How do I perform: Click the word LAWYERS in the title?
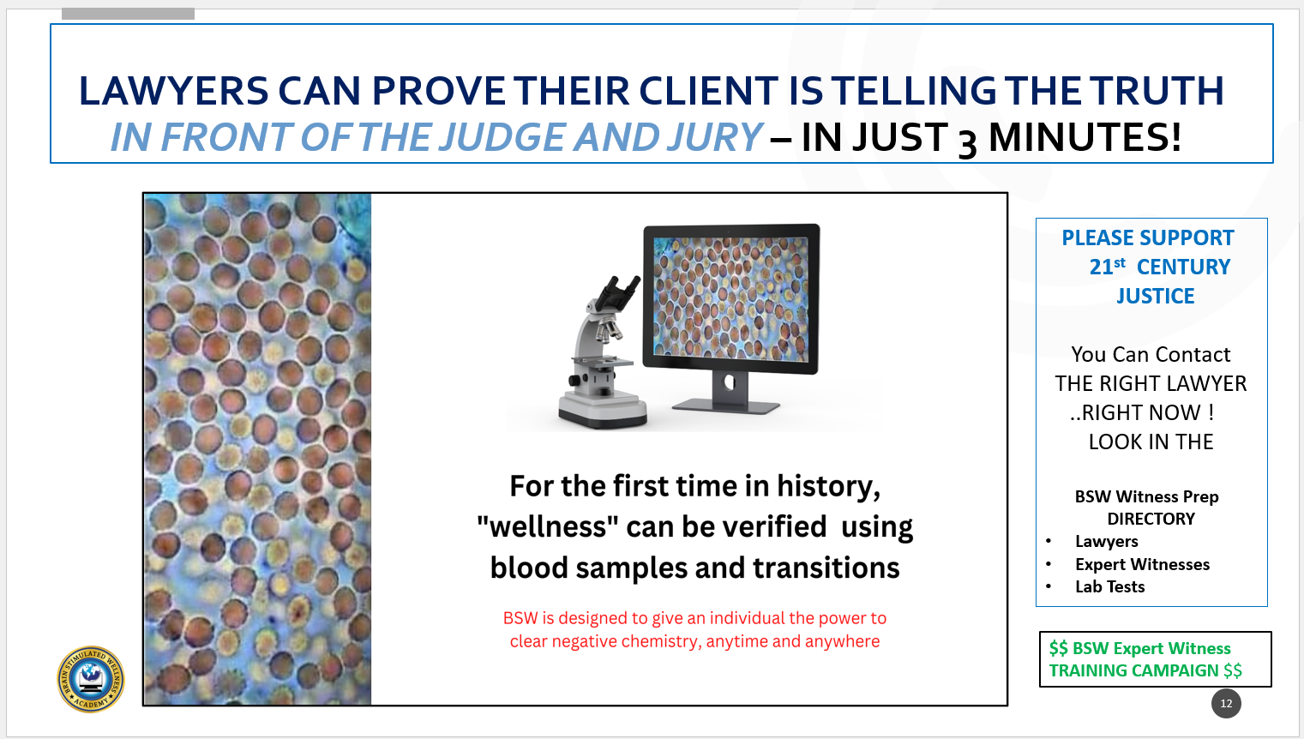coord(173,91)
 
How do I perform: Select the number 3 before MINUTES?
coord(967,143)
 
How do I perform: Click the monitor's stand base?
coord(726,406)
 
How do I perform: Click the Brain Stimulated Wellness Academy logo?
coord(91,679)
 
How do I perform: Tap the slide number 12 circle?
coord(1226,704)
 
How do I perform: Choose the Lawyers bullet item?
coord(1106,542)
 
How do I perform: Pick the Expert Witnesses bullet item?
coord(1142,564)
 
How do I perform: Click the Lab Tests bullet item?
coord(1109,586)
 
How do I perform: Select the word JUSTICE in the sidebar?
coord(1156,297)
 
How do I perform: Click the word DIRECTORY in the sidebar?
coord(1151,519)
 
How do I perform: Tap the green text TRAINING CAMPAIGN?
coord(1133,671)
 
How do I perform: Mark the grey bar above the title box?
coord(128,14)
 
